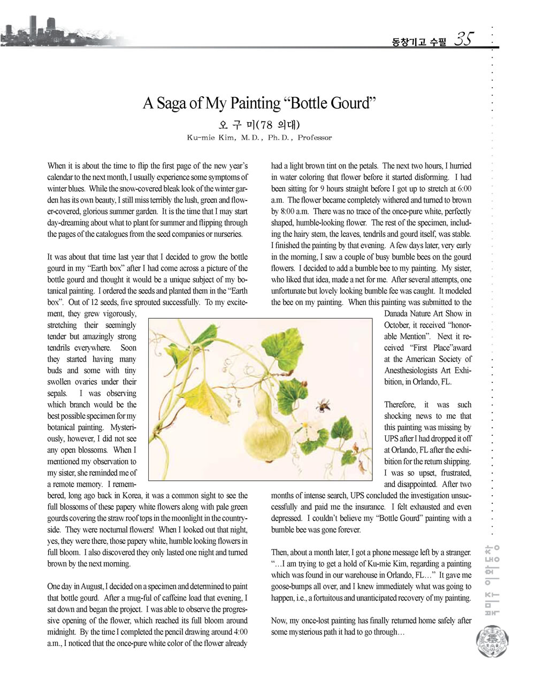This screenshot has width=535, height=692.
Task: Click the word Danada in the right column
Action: pyautogui.click(x=399, y=314)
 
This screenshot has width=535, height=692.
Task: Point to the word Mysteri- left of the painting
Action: pyautogui.click(x=123, y=427)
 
